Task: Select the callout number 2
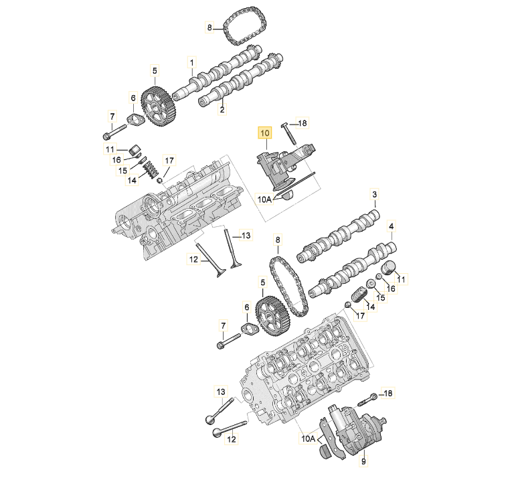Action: (x=222, y=108)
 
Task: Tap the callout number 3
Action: (x=374, y=195)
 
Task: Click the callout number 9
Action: (x=363, y=461)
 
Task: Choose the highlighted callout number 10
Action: (x=264, y=133)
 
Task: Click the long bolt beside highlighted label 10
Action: (x=289, y=134)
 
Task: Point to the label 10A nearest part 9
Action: (x=308, y=439)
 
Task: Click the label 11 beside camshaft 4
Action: (x=403, y=278)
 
